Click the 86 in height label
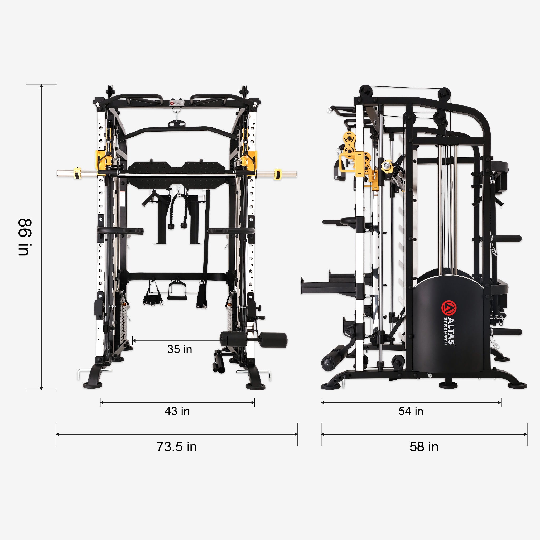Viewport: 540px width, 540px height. point(25,237)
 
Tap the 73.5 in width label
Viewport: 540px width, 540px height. point(176,447)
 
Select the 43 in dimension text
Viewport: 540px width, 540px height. point(177,411)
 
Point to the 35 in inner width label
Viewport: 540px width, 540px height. point(180,349)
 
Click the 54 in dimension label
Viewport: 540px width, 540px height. point(411,411)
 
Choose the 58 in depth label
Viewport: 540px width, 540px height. point(424,447)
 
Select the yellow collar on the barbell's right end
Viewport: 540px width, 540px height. point(277,174)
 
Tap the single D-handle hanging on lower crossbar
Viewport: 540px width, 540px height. point(177,291)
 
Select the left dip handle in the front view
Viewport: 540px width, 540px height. point(120,231)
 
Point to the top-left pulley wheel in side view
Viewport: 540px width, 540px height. point(365,91)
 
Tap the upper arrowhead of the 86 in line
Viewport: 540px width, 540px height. point(41,86)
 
